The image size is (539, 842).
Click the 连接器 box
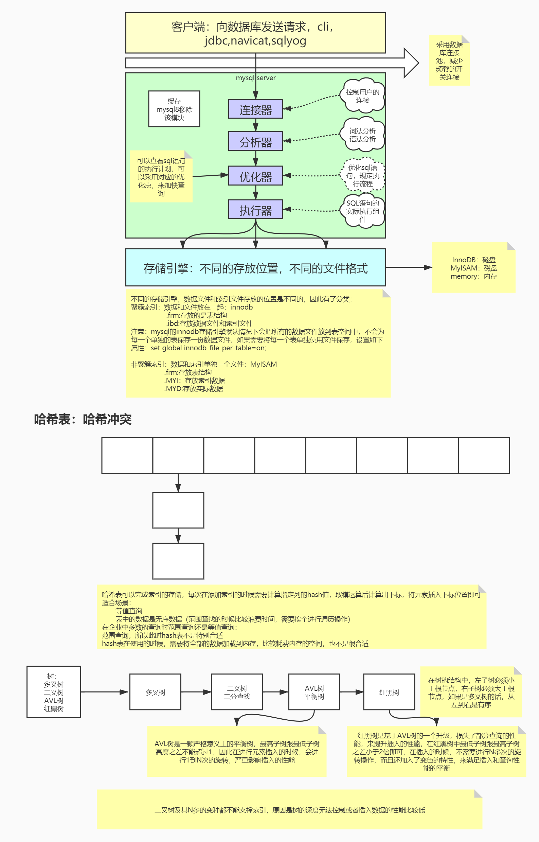[x=255, y=109]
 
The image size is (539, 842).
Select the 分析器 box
[x=255, y=141]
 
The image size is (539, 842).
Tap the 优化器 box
[x=255, y=176]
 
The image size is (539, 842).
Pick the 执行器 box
[x=255, y=209]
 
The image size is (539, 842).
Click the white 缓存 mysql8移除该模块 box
[x=174, y=109]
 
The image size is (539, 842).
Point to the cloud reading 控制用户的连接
[x=363, y=96]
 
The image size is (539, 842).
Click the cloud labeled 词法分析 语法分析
[x=363, y=135]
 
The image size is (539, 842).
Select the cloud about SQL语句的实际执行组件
[x=363, y=211]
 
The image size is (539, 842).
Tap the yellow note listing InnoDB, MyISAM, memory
[x=473, y=268]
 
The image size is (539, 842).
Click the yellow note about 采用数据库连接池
[x=449, y=60]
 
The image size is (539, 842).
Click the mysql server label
[x=255, y=78]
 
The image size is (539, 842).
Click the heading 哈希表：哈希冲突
[x=83, y=419]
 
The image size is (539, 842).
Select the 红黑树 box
[x=389, y=692]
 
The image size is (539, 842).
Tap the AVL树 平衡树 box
[x=314, y=692]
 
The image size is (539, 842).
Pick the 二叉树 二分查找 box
[x=237, y=692]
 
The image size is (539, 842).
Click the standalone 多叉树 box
[x=155, y=692]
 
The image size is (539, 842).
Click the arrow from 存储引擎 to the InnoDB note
[x=409, y=267]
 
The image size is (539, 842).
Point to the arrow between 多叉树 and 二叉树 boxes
[x=196, y=692]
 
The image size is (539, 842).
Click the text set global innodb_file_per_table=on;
[x=208, y=348]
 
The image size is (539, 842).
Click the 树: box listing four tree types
[x=54, y=692]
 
